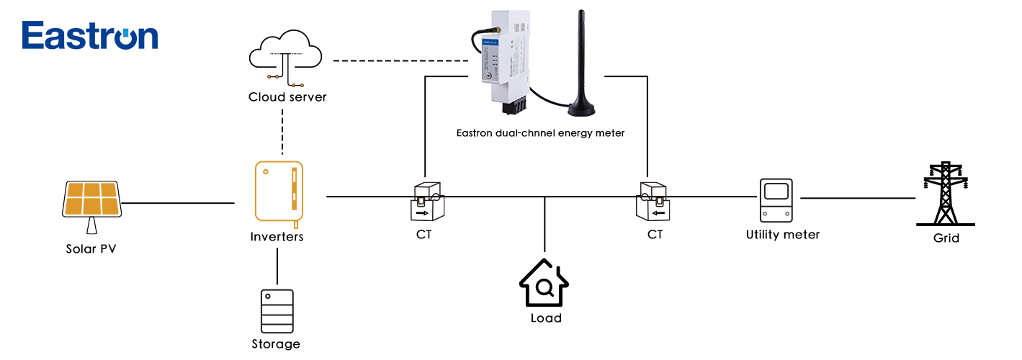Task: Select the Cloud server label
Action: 287,97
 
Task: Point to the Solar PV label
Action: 91,250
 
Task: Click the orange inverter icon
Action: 278,192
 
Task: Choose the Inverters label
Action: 277,236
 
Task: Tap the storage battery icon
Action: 277,310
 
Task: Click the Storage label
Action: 276,344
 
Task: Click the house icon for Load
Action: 544,282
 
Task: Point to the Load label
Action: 545,318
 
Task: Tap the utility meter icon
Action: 776,199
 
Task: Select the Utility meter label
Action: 783,235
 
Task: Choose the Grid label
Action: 946,238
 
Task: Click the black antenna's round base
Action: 583,109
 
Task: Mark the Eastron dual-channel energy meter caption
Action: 540,133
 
